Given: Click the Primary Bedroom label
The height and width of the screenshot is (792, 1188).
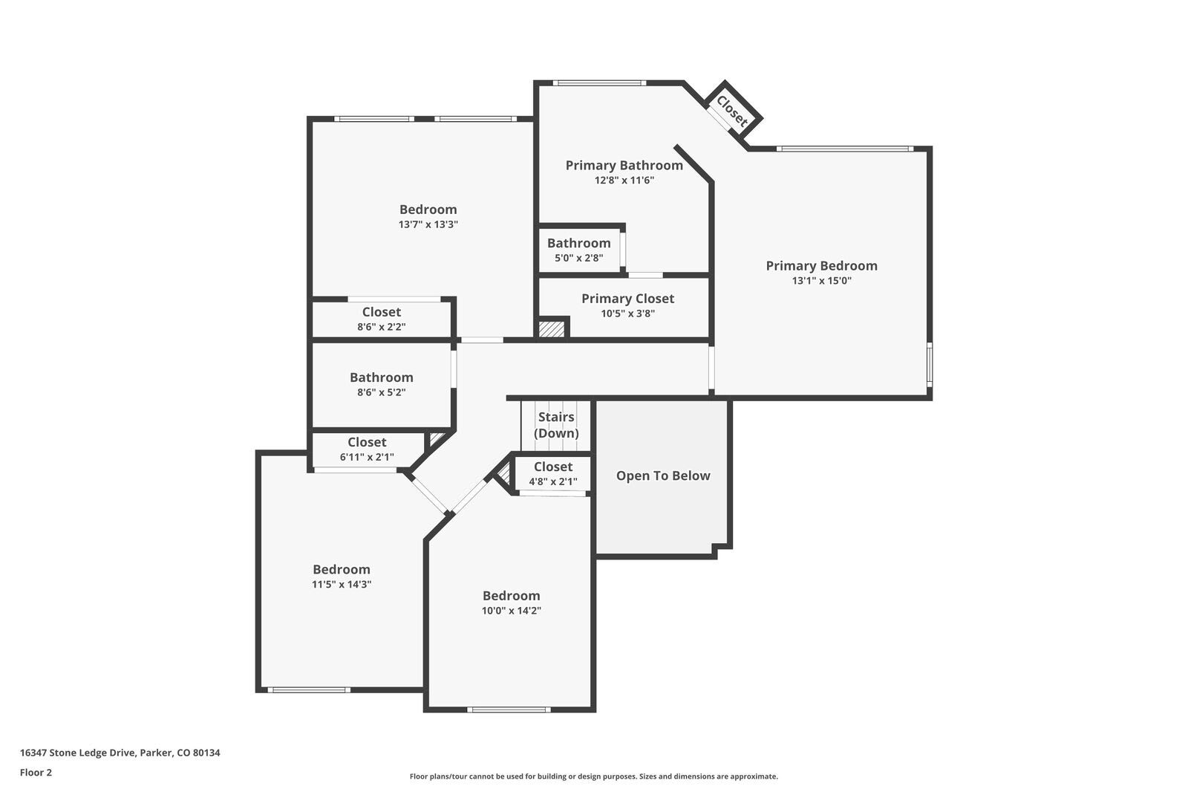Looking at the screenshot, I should point(821,266).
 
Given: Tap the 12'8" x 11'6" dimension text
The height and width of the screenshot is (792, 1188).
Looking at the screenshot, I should point(624,181).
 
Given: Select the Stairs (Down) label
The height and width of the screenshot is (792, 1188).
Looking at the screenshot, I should point(556,425).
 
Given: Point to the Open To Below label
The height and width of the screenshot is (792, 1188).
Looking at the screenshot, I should point(663,476).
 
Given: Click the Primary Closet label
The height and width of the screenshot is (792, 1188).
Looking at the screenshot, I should point(627,299).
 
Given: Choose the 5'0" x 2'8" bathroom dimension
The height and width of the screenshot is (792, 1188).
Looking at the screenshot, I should point(578,259).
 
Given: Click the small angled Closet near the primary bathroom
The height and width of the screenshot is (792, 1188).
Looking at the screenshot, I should point(732,111).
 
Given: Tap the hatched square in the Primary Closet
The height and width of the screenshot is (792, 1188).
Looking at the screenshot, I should point(551,328).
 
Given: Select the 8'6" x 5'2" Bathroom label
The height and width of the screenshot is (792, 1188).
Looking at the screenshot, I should point(381,377).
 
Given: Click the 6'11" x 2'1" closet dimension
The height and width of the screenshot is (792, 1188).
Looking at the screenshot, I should point(367,458).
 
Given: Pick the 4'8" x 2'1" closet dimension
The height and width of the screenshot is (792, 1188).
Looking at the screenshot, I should point(552,481).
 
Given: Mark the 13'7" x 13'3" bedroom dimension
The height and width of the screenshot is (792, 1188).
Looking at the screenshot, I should point(428,224).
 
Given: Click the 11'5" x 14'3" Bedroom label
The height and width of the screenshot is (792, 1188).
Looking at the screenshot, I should point(341,570).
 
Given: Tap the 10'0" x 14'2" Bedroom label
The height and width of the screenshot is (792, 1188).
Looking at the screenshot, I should point(511,596).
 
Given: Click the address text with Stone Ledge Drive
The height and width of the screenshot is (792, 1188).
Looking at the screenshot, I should point(120,753).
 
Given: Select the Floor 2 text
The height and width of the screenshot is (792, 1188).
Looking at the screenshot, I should point(36,773).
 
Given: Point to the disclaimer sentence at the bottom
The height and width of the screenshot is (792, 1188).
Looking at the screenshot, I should point(593,776).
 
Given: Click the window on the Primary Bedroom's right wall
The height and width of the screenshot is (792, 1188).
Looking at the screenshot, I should point(929,364).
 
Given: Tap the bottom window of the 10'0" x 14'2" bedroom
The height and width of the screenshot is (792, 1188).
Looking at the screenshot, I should point(509,710).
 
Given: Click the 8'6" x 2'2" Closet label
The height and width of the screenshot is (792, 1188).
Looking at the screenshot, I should point(381,313).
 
